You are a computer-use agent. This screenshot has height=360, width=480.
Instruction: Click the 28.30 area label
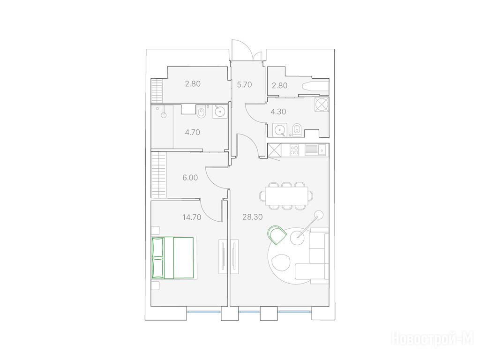253,217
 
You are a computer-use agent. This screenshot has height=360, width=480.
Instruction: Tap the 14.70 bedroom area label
192,217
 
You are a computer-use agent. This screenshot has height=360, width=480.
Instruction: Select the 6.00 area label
190,178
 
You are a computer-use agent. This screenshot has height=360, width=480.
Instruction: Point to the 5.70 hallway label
244,85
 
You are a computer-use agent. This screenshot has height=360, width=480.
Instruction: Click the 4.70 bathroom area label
193,132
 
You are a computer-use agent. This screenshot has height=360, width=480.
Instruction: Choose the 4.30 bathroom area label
278,112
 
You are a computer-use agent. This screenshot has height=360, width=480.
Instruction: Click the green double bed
173,258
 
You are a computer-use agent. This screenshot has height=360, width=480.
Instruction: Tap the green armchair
277,235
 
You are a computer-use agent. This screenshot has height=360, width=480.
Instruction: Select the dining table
287,196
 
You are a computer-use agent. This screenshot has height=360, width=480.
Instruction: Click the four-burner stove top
294,150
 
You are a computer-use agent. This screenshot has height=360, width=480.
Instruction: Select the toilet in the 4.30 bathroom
297,130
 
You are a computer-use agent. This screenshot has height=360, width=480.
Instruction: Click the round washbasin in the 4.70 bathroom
220,112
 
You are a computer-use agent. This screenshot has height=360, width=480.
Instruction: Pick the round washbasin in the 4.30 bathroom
279,130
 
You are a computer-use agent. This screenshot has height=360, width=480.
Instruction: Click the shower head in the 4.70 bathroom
164,115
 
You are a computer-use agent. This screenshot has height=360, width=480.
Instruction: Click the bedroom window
203,312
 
